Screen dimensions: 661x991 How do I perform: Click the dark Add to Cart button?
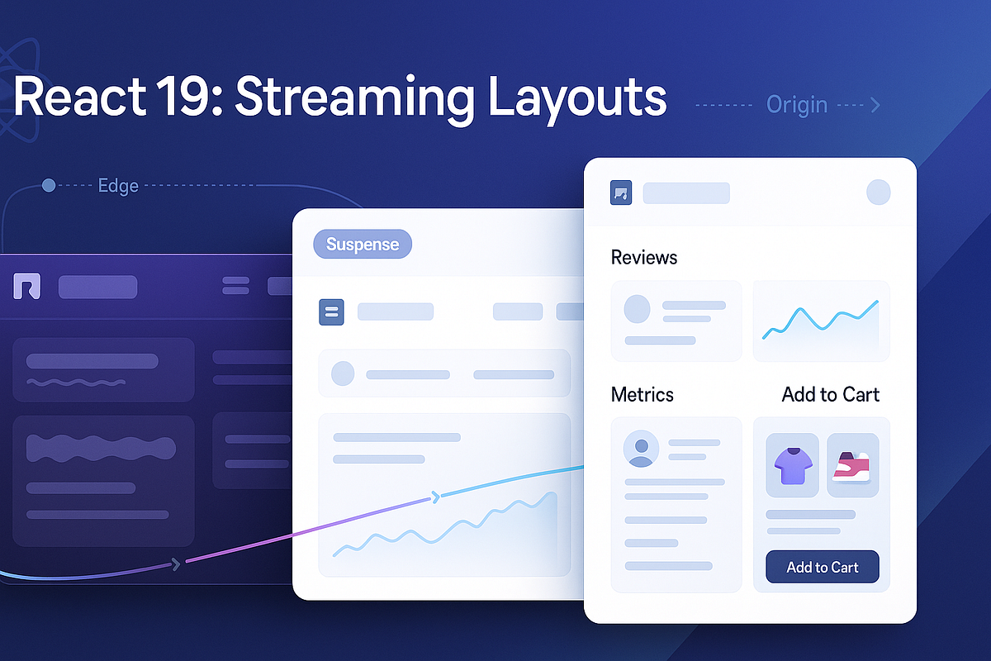(x=822, y=567)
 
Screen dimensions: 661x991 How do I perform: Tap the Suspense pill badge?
(x=363, y=244)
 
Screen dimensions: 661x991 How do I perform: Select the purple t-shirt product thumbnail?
(x=792, y=465)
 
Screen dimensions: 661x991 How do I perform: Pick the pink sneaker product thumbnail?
(x=852, y=465)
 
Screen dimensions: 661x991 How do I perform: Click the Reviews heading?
(x=644, y=258)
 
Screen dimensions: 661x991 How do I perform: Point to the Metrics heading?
(x=642, y=394)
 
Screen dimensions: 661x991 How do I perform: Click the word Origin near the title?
(x=796, y=105)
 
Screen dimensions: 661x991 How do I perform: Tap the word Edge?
(x=118, y=186)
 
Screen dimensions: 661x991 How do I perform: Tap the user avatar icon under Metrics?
(x=641, y=448)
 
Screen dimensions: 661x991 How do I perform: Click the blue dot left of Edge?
(x=49, y=186)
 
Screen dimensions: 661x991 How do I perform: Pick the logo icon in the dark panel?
(x=27, y=287)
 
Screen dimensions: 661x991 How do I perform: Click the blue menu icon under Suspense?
(x=332, y=311)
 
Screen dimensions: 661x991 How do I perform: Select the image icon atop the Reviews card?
(x=621, y=193)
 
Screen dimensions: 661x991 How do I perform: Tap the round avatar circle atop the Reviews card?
(x=878, y=193)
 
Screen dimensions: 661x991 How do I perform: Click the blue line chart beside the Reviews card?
(x=821, y=321)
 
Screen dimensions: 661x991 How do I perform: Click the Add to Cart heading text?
(x=830, y=394)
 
